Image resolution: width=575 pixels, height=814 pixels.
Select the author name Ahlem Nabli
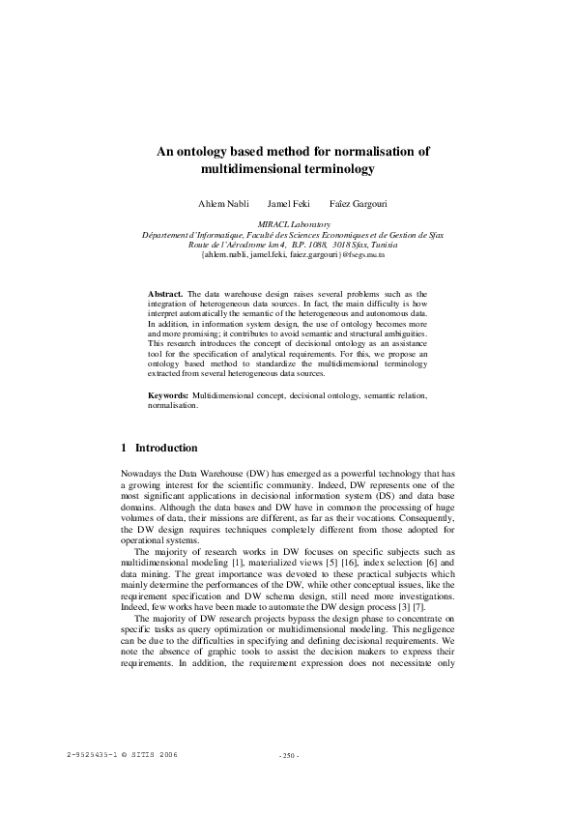click(x=223, y=205)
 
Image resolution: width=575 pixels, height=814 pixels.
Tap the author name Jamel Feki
click(x=287, y=205)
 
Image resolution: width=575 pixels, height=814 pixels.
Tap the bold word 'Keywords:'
click(x=168, y=396)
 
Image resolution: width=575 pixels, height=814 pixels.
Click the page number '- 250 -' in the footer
click(x=288, y=755)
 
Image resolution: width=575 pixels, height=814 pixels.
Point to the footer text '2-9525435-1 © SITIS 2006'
click(x=123, y=753)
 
